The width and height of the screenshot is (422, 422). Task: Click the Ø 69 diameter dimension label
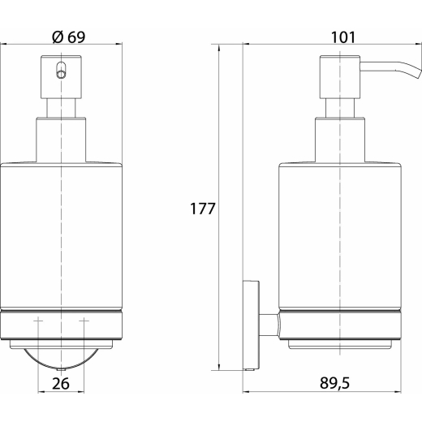pos(69,37)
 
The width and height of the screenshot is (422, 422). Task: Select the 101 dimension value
pos(343,37)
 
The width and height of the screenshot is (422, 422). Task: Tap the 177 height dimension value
pos(203,209)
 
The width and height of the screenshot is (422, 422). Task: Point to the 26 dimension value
pos(61,384)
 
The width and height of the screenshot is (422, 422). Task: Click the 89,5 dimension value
pos(334,383)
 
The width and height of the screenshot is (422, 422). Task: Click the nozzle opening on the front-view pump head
pos(61,71)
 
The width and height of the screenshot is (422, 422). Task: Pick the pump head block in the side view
pos(340,77)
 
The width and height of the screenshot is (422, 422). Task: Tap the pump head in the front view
pos(61,77)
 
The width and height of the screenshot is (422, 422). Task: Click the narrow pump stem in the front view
pos(61,108)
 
